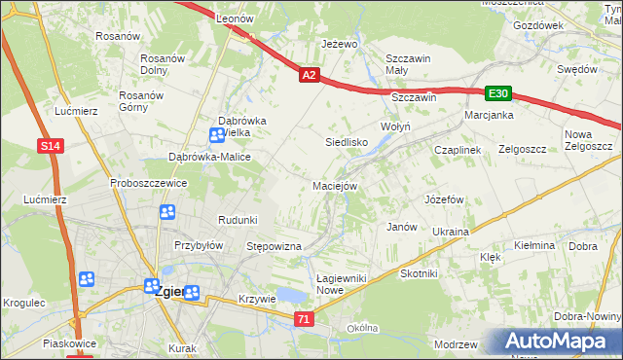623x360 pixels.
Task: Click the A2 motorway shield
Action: [x=309, y=74]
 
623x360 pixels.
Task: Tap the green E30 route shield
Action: [x=498, y=93]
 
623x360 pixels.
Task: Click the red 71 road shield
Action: [x=305, y=318]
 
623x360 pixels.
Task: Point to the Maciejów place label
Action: [x=336, y=186]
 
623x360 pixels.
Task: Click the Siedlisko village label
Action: [x=345, y=142]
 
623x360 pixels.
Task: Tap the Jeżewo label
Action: [x=340, y=45]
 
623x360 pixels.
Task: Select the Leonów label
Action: [x=235, y=18]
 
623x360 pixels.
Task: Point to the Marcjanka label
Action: [x=489, y=115]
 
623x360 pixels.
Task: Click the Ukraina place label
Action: [x=450, y=232]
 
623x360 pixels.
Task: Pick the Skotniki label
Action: [x=419, y=273]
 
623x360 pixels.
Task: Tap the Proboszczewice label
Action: [x=148, y=183]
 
